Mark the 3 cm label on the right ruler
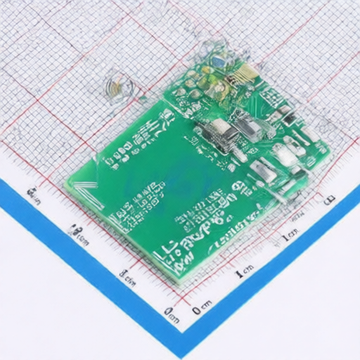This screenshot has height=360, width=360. click(328, 199)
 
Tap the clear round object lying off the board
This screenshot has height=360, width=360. click(118, 87)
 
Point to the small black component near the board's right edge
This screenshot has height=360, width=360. click(288, 112)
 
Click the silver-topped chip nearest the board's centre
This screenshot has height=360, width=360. click(220, 134)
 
